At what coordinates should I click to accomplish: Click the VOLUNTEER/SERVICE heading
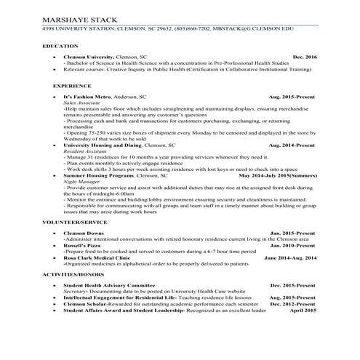(x=74, y=220)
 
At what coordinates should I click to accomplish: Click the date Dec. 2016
(x=305, y=56)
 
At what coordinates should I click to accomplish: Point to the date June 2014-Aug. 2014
(x=290, y=257)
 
